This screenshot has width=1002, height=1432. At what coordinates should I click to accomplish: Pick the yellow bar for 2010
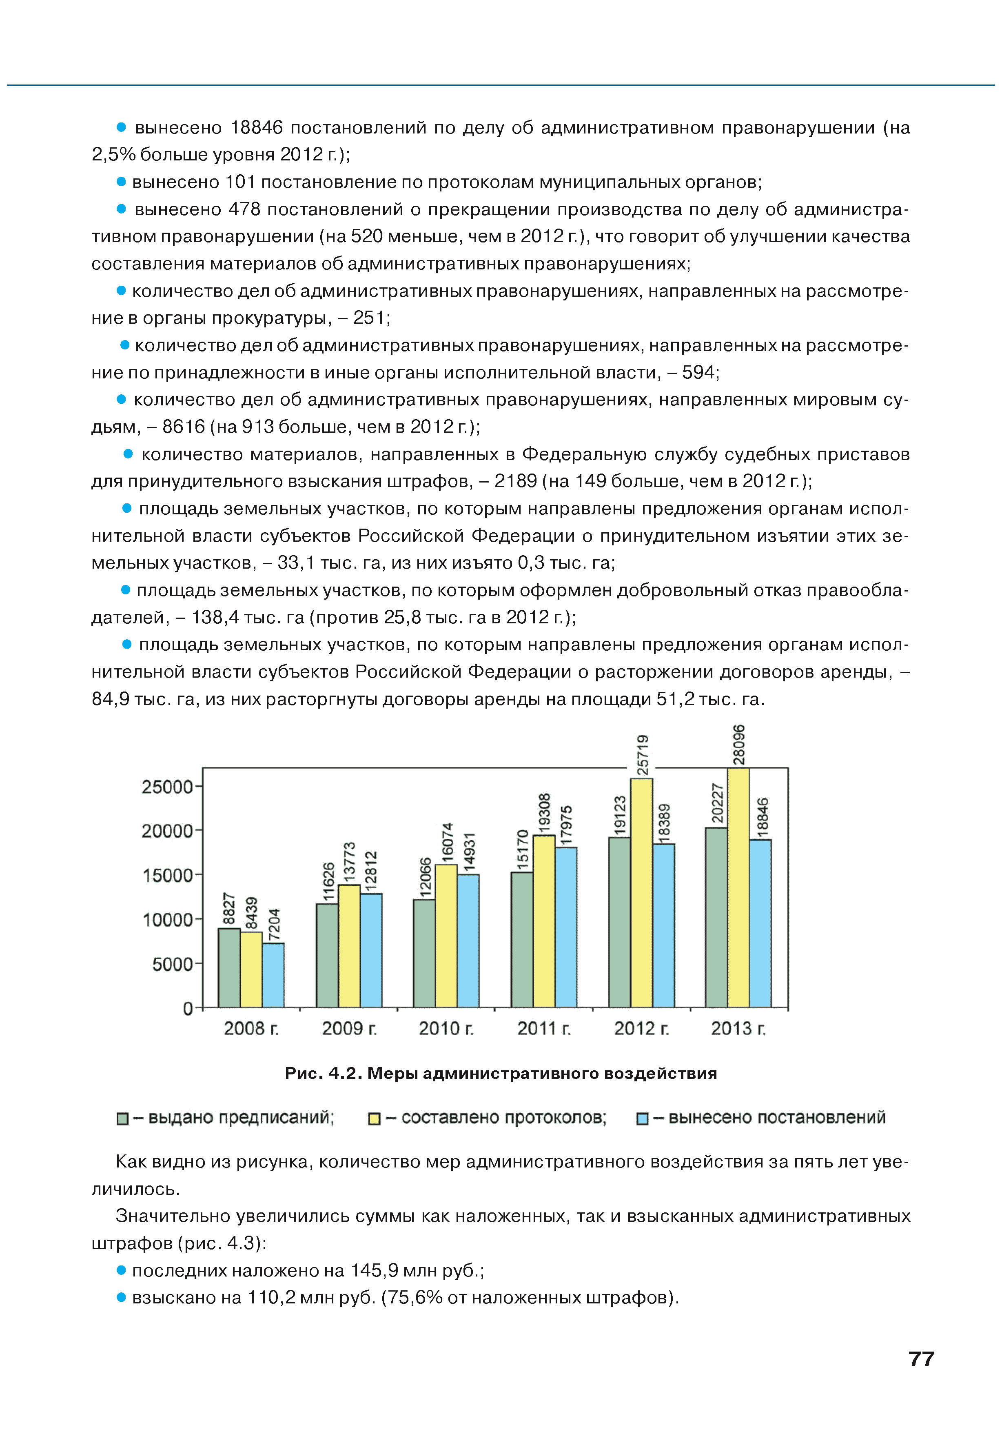coord(446,936)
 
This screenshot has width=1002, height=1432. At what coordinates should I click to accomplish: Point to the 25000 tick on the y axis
coord(167,787)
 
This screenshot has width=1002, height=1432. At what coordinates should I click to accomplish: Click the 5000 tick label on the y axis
coord(173,964)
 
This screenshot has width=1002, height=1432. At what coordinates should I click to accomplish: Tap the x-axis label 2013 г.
coord(738,1028)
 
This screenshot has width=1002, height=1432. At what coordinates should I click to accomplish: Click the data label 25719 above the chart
coord(642,755)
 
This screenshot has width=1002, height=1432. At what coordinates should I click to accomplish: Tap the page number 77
coord(921,1359)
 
